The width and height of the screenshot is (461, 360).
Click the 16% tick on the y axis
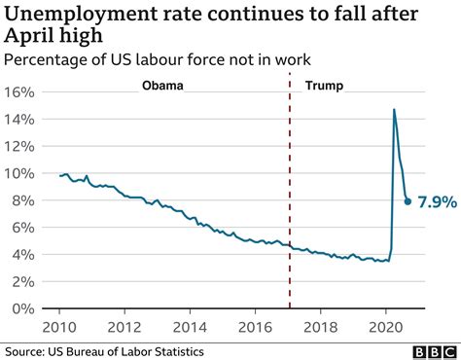click(x=21, y=92)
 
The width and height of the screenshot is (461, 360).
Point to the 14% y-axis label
click(x=21, y=120)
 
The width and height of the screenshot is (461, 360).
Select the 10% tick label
click(x=21, y=174)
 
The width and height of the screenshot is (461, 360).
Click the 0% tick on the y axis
click(x=25, y=308)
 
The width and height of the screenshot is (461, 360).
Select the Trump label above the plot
click(x=324, y=86)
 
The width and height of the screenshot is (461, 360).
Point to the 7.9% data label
click(x=437, y=202)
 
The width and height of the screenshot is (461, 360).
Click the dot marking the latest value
click(x=408, y=201)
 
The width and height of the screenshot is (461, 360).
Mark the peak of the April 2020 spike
click(x=394, y=109)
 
